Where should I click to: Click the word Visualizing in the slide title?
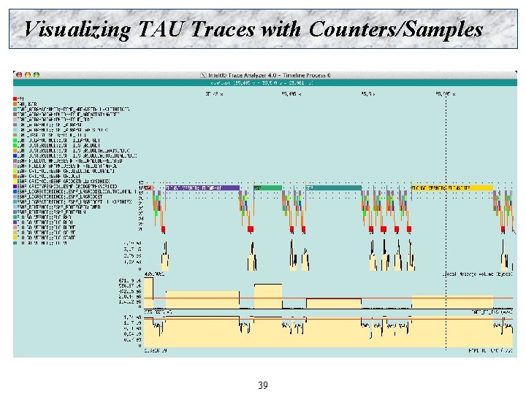coord(77,29)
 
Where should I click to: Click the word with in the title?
coord(281,29)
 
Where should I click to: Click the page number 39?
coord(263,385)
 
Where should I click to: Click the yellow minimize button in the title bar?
coord(27,74)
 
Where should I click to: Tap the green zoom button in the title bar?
coord(37,74)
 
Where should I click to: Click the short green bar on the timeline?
coord(268,188)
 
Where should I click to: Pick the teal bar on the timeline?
coord(332,188)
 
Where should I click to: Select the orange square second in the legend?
coord(15,104)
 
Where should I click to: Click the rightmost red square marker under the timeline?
coord(503,229)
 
